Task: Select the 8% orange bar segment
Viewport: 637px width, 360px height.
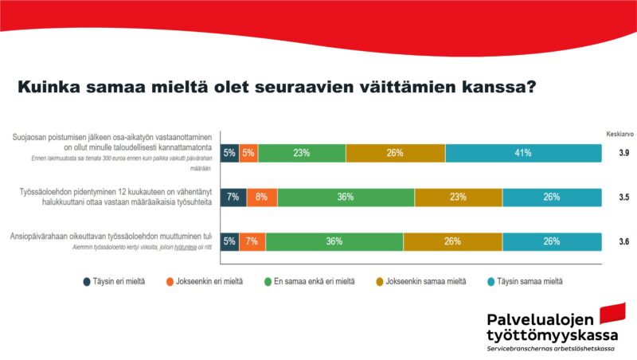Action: coord(262,198)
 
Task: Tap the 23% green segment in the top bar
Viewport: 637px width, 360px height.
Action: coord(302,153)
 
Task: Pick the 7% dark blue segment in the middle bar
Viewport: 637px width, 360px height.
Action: coord(233,198)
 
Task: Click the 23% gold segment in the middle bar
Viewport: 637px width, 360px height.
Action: coord(458,198)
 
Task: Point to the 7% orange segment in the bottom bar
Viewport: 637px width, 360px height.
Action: coord(252,241)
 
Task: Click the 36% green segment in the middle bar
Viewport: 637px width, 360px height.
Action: coord(346,198)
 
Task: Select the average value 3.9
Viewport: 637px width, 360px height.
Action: coord(623,153)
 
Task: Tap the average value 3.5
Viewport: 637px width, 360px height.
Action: coord(623,198)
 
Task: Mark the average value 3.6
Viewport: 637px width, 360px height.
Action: coord(623,241)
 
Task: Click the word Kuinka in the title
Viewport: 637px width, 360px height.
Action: coord(50,87)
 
